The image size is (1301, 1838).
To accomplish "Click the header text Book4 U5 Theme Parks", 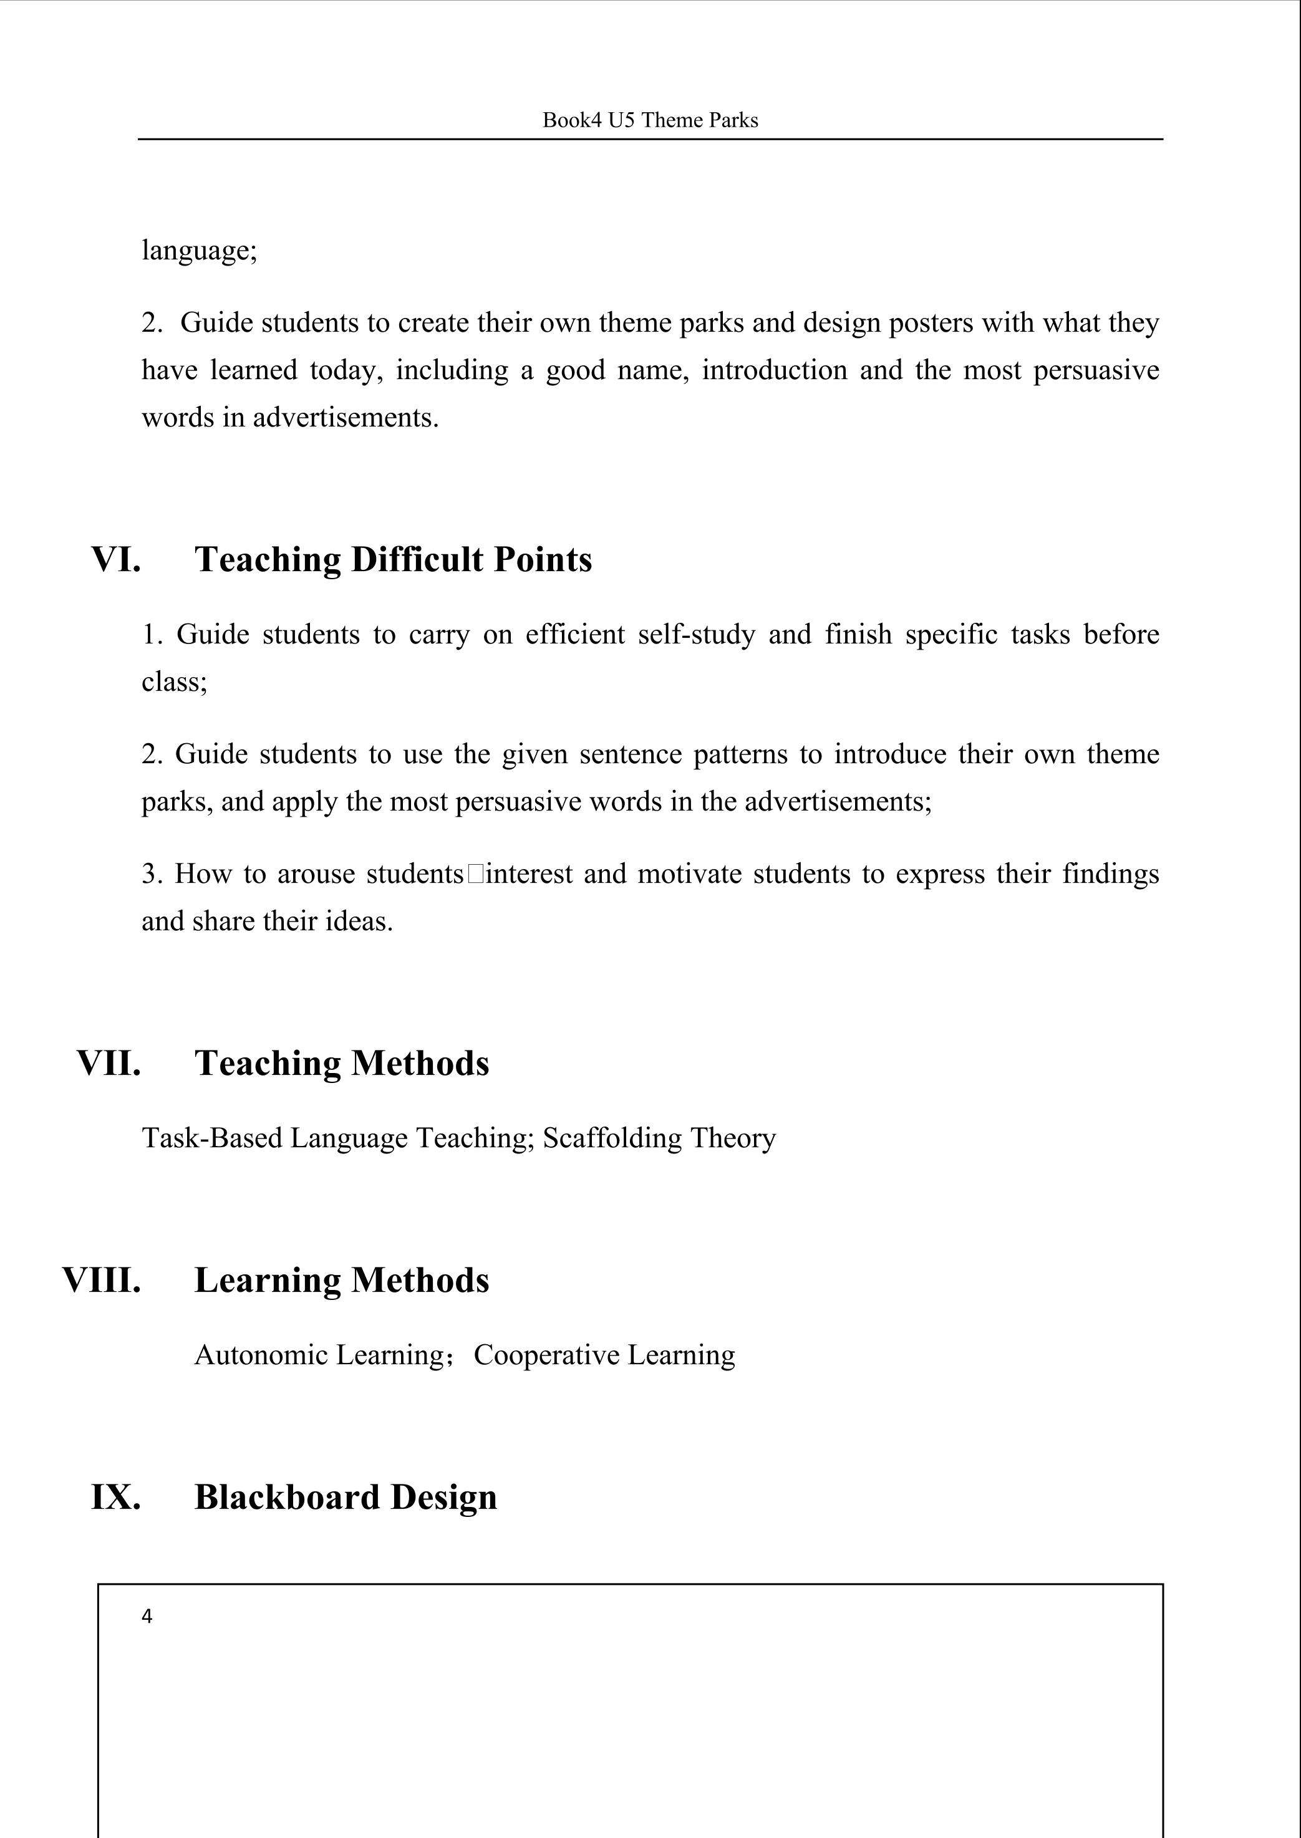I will (650, 120).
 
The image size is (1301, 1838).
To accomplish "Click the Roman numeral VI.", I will (116, 559).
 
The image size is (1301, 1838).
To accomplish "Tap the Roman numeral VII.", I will (109, 1063).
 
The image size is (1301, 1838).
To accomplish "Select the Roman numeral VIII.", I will (102, 1280).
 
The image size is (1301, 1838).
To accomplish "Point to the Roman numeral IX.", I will (116, 1497).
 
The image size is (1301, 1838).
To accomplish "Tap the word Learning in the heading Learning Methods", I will (268, 1280).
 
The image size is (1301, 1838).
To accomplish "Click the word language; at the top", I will (200, 251).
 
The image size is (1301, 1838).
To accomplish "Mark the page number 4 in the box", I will (147, 1617).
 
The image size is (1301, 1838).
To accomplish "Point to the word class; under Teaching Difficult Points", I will (175, 682).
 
